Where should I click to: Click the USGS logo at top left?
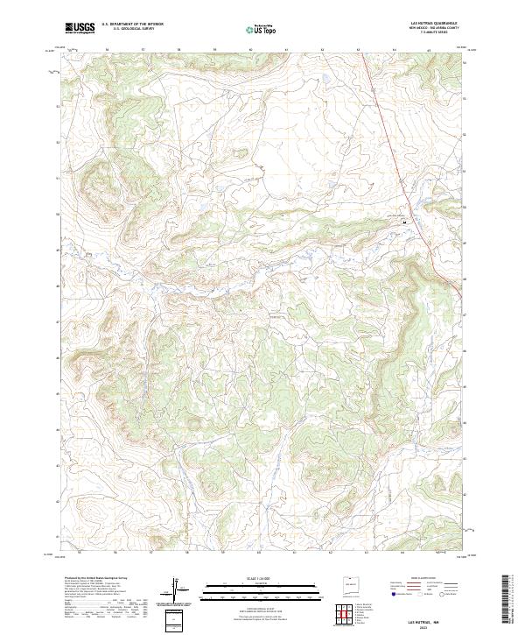(x=80, y=28)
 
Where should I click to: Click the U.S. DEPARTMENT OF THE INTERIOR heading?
(x=132, y=24)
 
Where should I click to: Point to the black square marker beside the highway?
(x=404, y=222)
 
